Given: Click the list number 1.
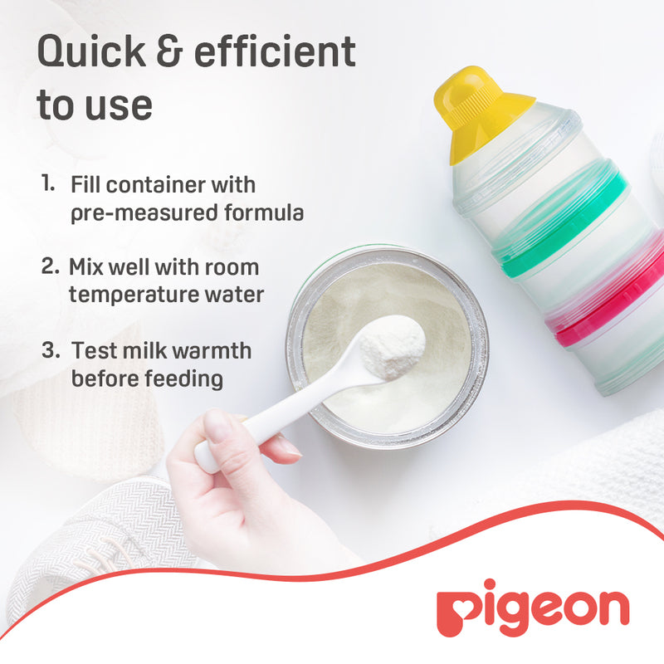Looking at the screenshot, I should click(48, 183).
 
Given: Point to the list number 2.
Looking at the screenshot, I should click(50, 267).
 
